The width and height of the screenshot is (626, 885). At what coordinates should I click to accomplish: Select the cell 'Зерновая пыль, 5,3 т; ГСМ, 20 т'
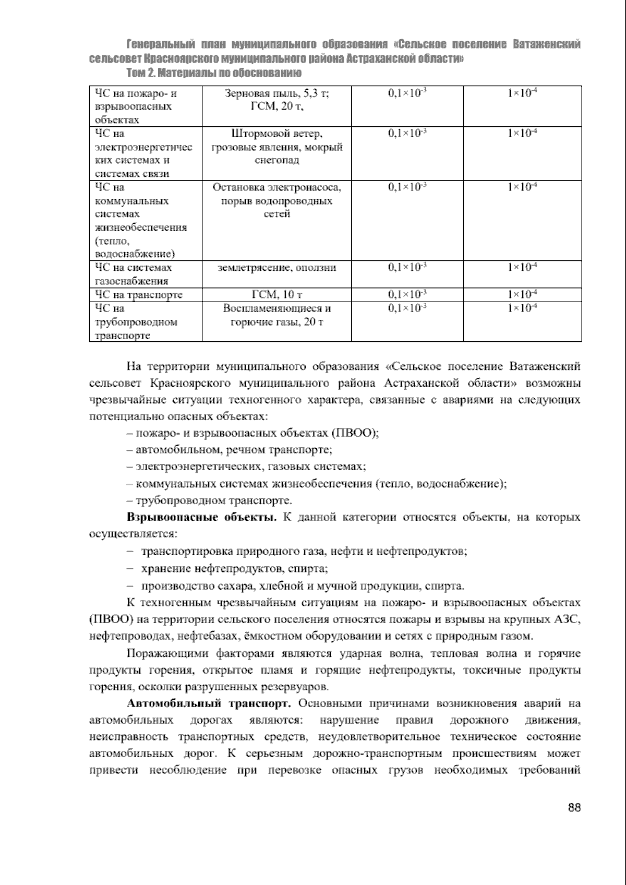tap(276, 100)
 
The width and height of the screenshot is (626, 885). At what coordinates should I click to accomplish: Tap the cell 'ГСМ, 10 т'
tap(276, 295)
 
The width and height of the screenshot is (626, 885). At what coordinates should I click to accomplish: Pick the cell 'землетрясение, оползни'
tap(276, 268)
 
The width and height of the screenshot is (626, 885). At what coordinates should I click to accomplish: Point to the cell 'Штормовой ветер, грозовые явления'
tap(276, 147)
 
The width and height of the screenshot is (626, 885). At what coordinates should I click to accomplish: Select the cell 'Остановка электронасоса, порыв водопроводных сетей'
tap(276, 200)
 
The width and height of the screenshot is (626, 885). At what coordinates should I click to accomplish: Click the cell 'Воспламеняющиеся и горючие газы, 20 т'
tap(276, 315)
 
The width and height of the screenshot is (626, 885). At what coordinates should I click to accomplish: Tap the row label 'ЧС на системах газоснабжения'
tap(134, 274)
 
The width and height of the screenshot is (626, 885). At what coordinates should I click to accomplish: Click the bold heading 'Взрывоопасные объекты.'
tap(202, 518)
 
